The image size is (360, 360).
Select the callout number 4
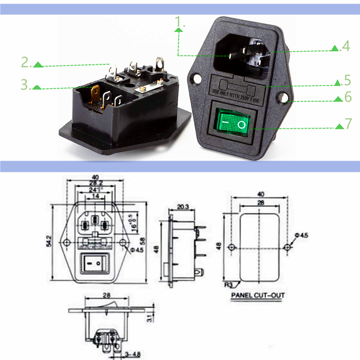[345, 46]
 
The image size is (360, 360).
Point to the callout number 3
[26, 85]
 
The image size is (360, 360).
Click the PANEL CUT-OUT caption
[258, 296]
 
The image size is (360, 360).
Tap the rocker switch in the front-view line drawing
[94, 262]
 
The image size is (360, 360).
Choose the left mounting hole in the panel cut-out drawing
[231, 247]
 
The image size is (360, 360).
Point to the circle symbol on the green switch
[243, 124]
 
